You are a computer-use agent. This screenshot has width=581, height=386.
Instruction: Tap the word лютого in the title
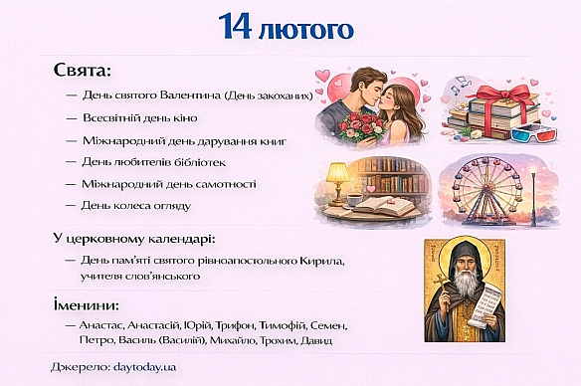[311, 28]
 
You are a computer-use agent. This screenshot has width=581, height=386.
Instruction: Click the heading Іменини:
[87, 303]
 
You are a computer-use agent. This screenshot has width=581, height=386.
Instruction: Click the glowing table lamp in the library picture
[338, 175]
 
